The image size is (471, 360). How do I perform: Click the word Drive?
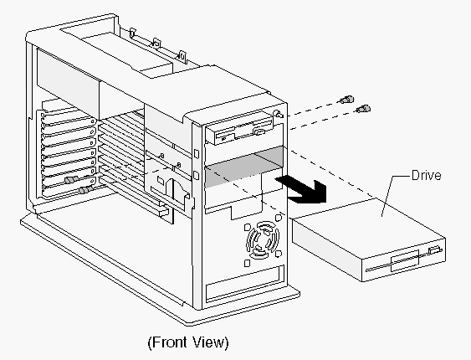tap(427, 175)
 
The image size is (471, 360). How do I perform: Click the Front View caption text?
tap(188, 342)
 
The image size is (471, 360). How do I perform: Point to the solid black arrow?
tap(304, 190)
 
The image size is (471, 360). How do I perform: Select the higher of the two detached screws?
tap(347, 99)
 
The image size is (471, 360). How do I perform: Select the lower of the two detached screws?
tap(363, 109)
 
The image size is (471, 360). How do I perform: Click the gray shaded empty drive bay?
tap(243, 167)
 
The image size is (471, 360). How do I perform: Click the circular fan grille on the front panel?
tap(263, 239)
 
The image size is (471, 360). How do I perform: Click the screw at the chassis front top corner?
tap(279, 114)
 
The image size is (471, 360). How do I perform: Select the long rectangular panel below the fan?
tap(245, 284)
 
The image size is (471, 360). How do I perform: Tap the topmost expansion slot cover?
tap(69, 120)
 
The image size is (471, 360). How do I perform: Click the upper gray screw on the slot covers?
tap(71, 180)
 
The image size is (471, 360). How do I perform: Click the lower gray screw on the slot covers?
tap(86, 189)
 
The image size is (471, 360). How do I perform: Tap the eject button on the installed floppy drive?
tap(259, 131)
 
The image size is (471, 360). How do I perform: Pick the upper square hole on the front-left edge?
tap(197, 153)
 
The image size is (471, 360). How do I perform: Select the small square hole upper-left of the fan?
tap(248, 227)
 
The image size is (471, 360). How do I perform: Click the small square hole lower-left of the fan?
tap(248, 263)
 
